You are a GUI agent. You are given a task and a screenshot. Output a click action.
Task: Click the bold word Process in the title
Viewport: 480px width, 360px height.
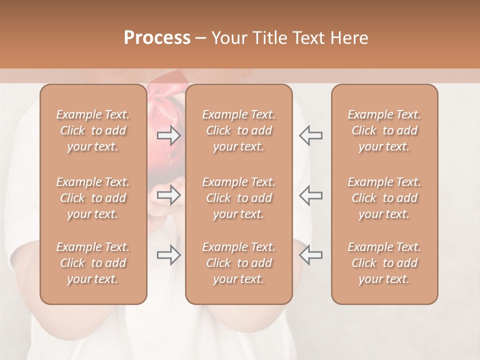click(x=157, y=38)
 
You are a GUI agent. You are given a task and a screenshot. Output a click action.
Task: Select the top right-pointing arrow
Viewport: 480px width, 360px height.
click(x=169, y=135)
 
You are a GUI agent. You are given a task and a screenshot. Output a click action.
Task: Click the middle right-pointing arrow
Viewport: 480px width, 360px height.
click(x=169, y=194)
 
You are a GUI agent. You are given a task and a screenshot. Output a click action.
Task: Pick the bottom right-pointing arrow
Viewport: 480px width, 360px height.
click(x=169, y=255)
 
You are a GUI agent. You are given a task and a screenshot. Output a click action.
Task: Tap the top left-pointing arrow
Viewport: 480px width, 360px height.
click(x=310, y=135)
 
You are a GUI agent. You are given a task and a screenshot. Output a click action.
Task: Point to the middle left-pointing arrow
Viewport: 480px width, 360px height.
click(x=310, y=194)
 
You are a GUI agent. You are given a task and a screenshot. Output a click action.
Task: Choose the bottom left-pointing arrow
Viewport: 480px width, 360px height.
click(x=310, y=255)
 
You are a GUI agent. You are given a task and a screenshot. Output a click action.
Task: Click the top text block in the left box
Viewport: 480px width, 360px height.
click(x=93, y=130)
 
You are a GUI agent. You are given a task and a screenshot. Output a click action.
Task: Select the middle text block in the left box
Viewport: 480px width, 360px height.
click(x=93, y=198)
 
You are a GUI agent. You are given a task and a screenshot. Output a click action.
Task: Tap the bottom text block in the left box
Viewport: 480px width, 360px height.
click(x=93, y=263)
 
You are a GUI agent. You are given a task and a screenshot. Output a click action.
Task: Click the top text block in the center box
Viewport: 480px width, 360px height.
click(x=238, y=130)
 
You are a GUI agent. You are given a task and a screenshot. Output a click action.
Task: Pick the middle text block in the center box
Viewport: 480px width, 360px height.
click(x=238, y=198)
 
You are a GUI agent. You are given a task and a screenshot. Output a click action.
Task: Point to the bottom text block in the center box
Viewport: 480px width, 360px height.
click(x=238, y=263)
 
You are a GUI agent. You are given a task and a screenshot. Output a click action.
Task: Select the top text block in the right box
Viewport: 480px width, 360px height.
click(x=384, y=130)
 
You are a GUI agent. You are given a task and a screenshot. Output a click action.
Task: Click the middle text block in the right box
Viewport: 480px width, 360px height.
click(x=384, y=198)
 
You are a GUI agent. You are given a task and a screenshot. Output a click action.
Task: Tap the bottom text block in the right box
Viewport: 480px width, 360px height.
click(x=384, y=263)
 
